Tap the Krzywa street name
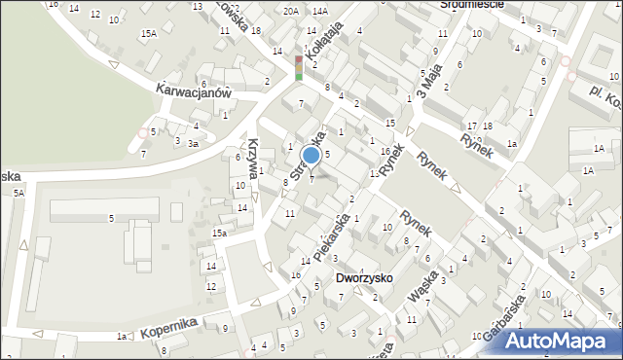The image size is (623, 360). (255, 156)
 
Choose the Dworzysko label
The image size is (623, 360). (364, 277)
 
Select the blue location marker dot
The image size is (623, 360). (311, 155)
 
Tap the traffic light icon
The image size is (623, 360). (299, 68)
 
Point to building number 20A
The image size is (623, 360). (291, 11)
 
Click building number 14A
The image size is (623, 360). (320, 11)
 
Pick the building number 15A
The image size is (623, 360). (148, 34)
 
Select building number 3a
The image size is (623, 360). (194, 144)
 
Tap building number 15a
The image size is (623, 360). (221, 234)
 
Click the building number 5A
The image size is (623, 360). (18, 194)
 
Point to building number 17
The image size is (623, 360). (472, 126)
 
